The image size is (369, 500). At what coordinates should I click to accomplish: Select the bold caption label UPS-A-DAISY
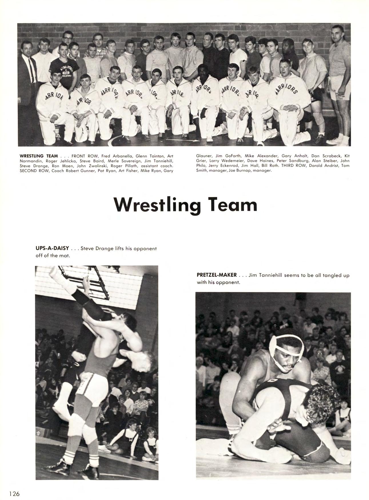coord(52,249)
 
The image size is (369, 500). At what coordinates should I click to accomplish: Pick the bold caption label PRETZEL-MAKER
coord(217,275)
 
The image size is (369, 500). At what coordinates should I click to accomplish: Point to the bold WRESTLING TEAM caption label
coord(39,156)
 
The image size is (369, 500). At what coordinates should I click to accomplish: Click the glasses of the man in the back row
coord(68,38)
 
